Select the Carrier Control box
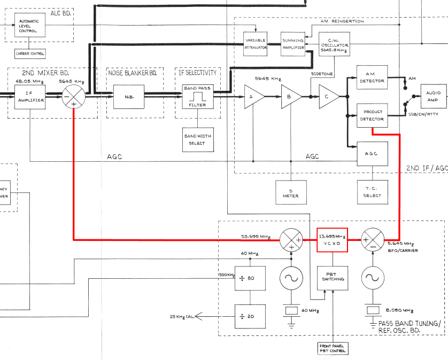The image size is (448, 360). tap(30, 54)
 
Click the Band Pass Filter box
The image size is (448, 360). tap(197, 97)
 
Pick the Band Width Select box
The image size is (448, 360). tap(197, 139)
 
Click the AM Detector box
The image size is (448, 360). tap(372, 77)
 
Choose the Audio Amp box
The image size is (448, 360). tap(434, 97)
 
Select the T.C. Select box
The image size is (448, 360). tap(372, 192)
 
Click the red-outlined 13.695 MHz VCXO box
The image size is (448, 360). tap(331, 239)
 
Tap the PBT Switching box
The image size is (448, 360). tap(331, 276)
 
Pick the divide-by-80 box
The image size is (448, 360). tap(250, 278)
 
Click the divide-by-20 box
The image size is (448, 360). tap(250, 316)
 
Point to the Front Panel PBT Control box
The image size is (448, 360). tap(332, 348)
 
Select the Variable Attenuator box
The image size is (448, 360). tap(255, 44)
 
